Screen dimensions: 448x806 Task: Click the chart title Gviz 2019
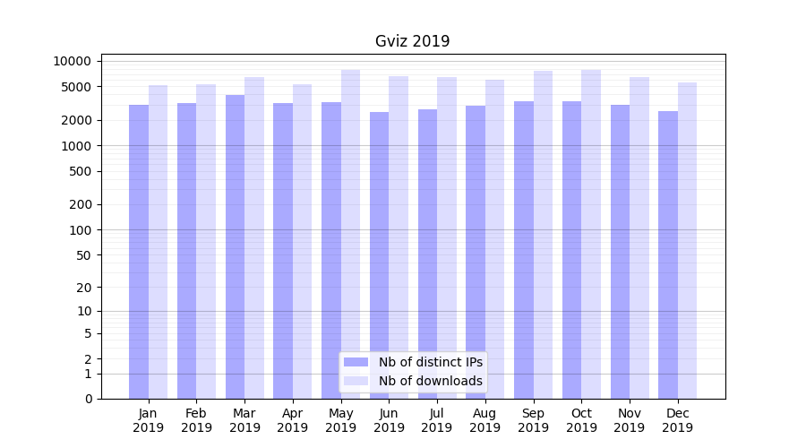point(412,41)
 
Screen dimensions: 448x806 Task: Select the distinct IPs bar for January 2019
point(139,251)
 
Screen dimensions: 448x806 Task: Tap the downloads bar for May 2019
point(350,233)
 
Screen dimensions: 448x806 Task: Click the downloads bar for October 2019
point(591,233)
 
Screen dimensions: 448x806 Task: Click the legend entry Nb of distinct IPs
point(430,362)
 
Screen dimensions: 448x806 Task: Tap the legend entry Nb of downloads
point(430,381)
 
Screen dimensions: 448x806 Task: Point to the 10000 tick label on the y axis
point(73,61)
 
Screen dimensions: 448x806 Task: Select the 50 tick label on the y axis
point(83,254)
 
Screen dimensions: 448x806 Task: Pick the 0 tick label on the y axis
point(88,399)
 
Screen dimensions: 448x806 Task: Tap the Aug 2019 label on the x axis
point(484,420)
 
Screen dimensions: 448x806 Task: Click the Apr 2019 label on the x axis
point(293,420)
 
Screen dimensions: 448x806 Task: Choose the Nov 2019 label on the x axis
point(630,420)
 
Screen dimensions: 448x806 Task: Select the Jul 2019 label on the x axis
point(437,420)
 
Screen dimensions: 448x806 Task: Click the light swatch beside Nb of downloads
point(356,381)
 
